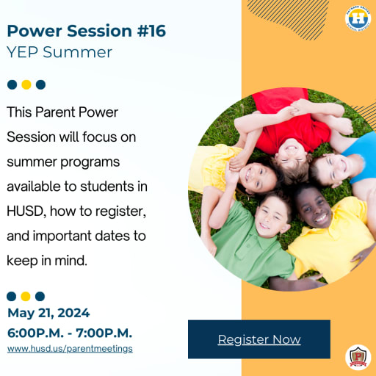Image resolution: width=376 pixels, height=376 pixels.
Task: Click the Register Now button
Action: [259, 339]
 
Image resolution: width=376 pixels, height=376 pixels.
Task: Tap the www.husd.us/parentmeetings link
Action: [70, 349]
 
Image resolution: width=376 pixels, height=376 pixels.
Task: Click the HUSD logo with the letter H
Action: [358, 18]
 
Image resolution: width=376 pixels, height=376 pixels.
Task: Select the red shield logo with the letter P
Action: [358, 358]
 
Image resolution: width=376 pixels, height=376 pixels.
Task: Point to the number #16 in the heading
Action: [151, 31]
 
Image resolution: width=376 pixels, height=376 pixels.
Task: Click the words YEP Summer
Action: [59, 52]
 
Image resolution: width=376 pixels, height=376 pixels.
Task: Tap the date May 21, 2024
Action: [48, 313]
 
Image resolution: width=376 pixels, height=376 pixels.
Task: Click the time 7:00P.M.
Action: [104, 333]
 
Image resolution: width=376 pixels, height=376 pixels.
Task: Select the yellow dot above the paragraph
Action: [26, 84]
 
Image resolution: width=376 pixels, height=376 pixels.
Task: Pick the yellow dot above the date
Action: [26, 296]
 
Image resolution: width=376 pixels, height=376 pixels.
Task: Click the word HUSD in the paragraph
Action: [25, 211]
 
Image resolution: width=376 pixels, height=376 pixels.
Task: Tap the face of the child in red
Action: [292, 153]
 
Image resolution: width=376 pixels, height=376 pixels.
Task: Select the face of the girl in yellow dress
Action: [258, 177]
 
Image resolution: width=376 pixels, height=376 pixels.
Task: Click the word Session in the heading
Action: [99, 31]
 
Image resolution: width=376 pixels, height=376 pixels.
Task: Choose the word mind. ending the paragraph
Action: [70, 261]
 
